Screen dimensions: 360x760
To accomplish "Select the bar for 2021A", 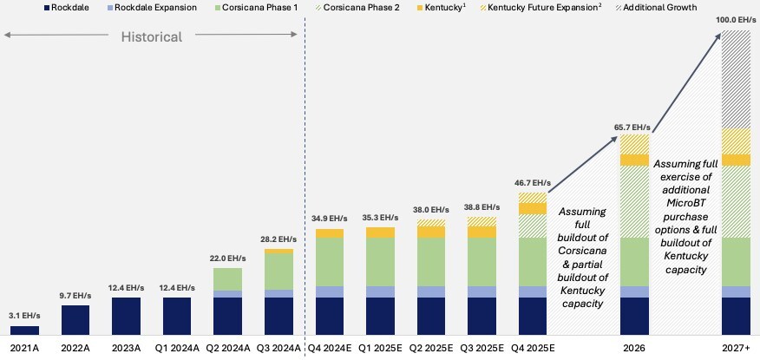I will (24, 331).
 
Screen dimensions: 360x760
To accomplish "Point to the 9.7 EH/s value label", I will (75, 296).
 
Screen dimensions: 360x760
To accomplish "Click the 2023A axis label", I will (126, 349).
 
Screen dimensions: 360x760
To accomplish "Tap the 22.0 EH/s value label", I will (228, 259).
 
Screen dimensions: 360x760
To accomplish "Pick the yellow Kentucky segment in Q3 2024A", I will (278, 251).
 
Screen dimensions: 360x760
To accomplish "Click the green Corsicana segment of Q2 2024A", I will (228, 279).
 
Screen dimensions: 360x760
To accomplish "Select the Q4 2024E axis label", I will (330, 349).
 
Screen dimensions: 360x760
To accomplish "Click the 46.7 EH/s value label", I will (533, 183).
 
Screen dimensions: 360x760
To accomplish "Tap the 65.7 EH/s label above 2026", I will (635, 126).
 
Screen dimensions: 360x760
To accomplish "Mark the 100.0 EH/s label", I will (736, 21).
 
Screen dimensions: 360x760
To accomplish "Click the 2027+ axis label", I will (736, 349).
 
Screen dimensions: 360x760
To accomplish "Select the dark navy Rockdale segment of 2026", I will (635, 316).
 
